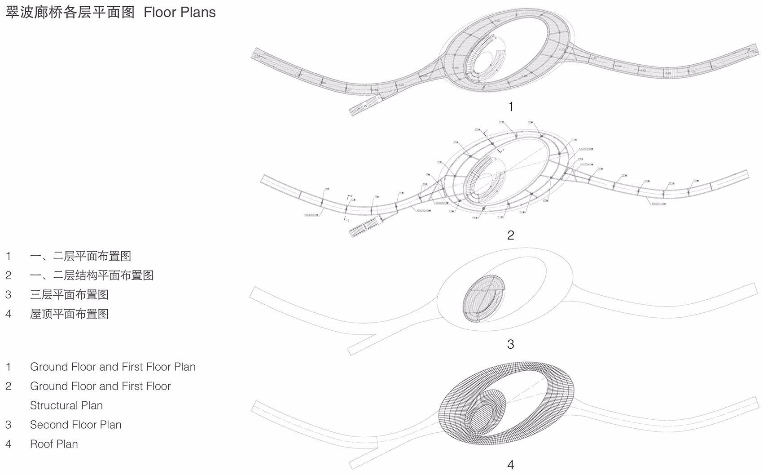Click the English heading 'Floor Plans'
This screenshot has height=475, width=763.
coord(180,12)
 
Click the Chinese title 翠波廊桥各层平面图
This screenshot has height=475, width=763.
coord(70,12)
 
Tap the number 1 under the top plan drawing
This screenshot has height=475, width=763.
coord(510,107)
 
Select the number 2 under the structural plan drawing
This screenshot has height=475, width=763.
coord(510,235)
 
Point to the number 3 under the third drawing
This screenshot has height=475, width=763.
coord(510,344)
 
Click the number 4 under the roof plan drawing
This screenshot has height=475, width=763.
coord(510,465)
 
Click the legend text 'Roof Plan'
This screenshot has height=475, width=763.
coord(54,444)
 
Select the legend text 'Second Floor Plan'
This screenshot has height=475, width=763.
coord(75,425)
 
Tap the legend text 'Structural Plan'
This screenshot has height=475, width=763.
coord(66,405)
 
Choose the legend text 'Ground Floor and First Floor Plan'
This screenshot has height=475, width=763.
coord(113,367)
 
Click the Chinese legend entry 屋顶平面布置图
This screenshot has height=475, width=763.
coord(69,314)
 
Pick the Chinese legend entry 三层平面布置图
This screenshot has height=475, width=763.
coord(69,294)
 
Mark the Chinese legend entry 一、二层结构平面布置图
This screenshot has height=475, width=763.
coord(92,275)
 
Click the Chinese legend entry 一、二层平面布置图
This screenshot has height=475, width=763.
coord(80,256)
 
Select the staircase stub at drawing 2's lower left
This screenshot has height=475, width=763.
coord(364,226)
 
